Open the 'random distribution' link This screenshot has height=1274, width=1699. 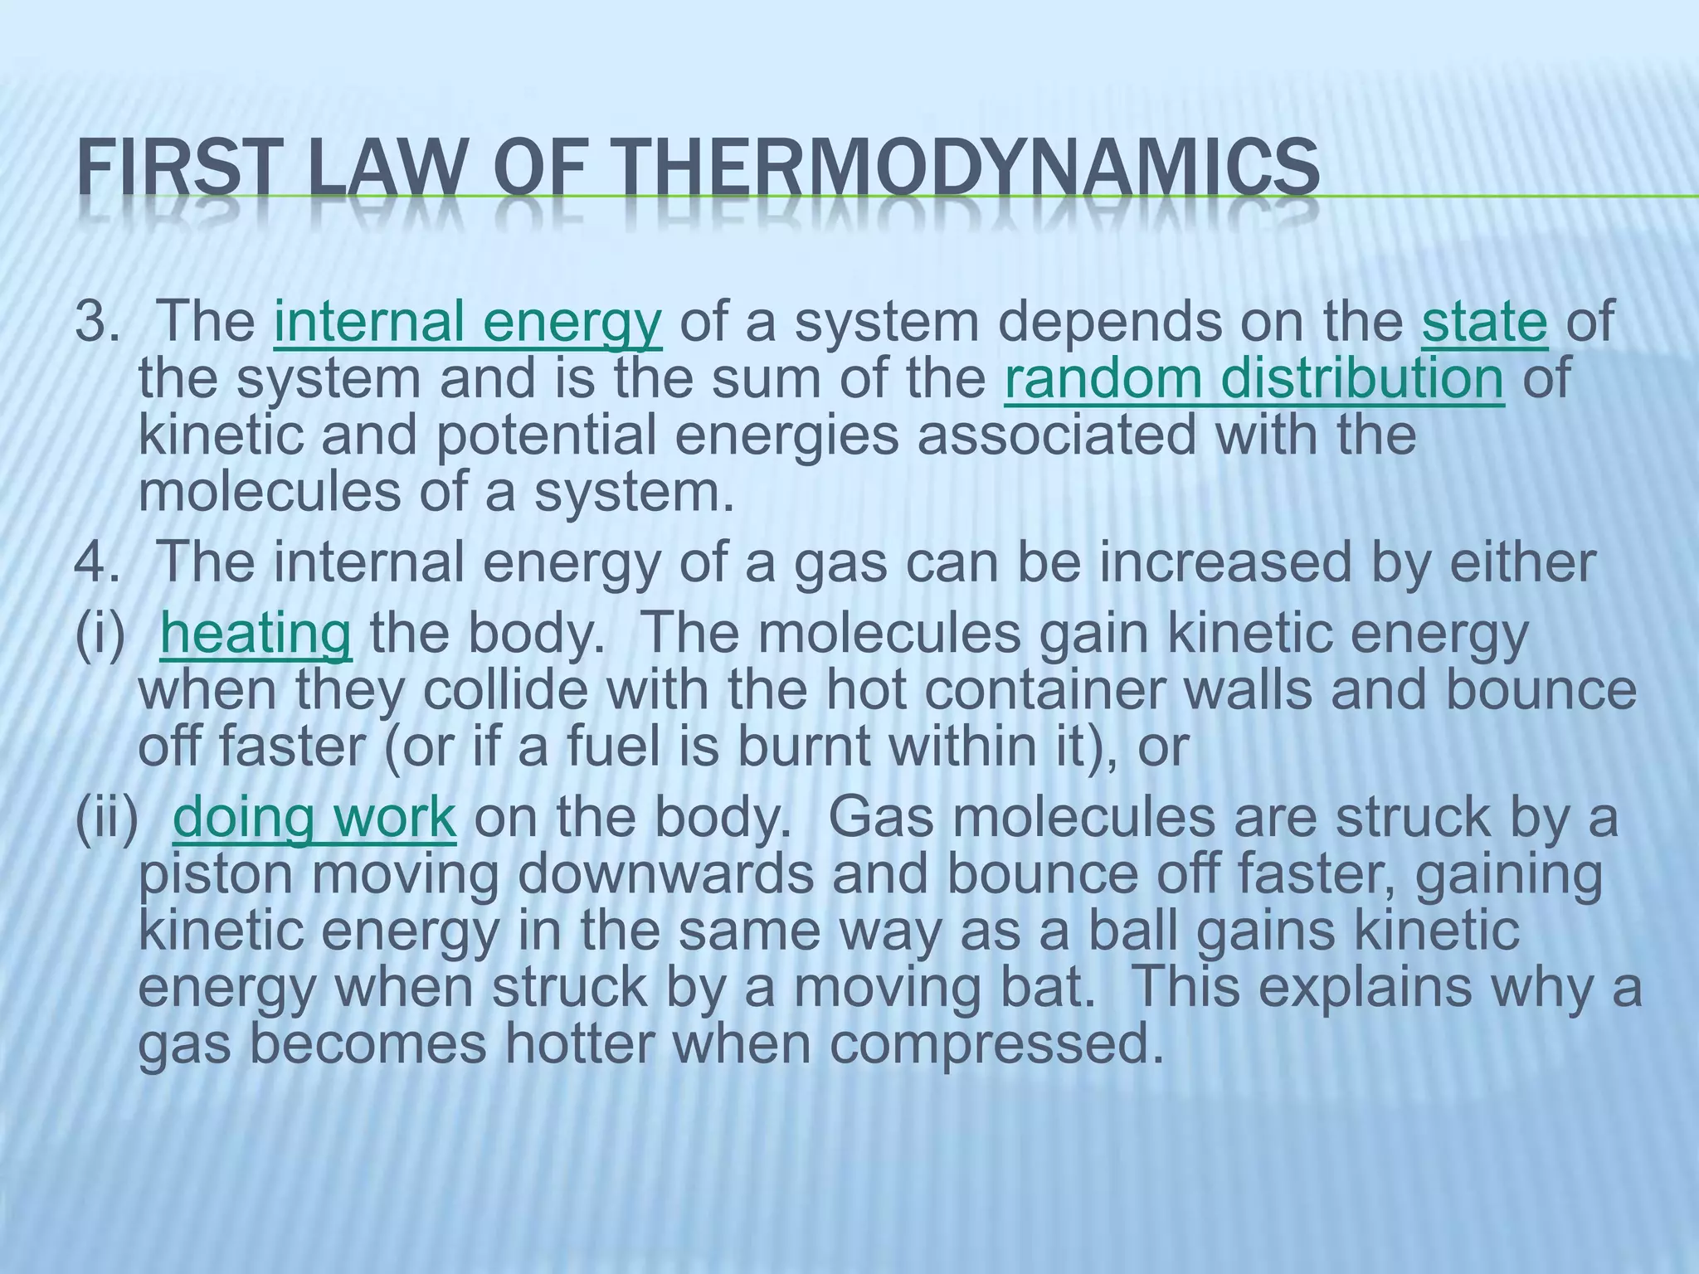click(x=1254, y=378)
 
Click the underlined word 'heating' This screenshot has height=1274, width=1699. click(x=256, y=634)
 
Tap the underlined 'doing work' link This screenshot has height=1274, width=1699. click(x=314, y=818)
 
